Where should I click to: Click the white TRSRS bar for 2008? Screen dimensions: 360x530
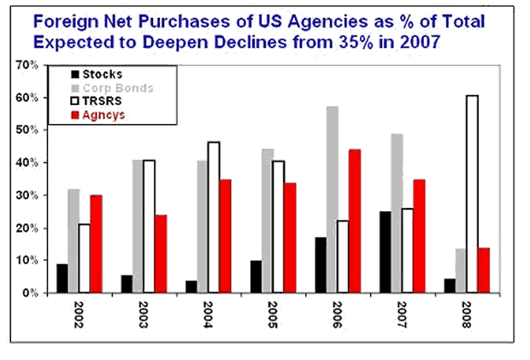pyautogui.click(x=472, y=193)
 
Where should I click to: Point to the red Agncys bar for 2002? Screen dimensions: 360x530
pyautogui.click(x=97, y=244)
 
